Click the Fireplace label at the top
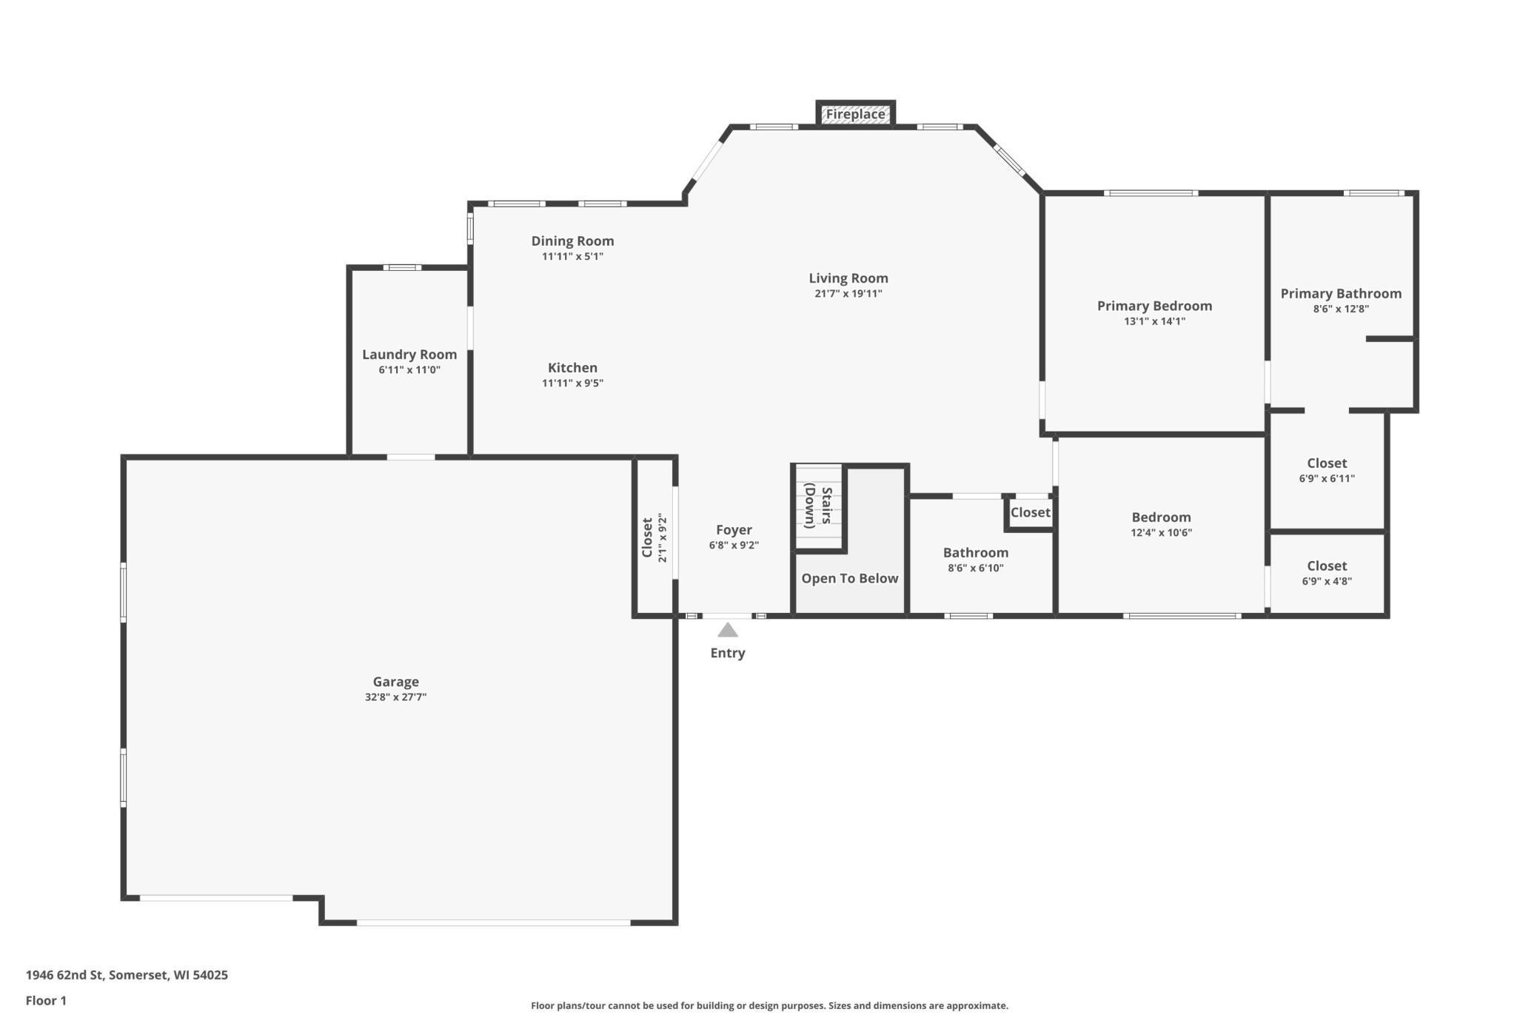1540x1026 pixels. pos(855,114)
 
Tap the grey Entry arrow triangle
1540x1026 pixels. pos(728,630)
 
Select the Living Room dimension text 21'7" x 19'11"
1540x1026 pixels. pos(848,294)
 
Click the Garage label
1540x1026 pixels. pos(395,682)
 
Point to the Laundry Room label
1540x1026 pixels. pos(409,355)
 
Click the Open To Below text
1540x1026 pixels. pos(849,578)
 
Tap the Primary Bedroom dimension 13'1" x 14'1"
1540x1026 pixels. pos(1154,321)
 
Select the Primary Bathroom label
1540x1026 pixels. pos(1341,294)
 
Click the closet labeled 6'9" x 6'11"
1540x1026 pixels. pos(1327,471)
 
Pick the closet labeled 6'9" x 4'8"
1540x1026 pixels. pos(1327,573)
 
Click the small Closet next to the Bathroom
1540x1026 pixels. pos(1030,512)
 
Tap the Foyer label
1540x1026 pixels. pos(734,530)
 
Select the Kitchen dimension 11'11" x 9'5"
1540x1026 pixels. pos(572,383)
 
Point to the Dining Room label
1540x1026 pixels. pos(572,241)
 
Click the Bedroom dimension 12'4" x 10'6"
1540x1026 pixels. pos(1161,533)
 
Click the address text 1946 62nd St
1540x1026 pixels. pos(127,975)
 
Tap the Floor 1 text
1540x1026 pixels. pos(46,1001)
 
